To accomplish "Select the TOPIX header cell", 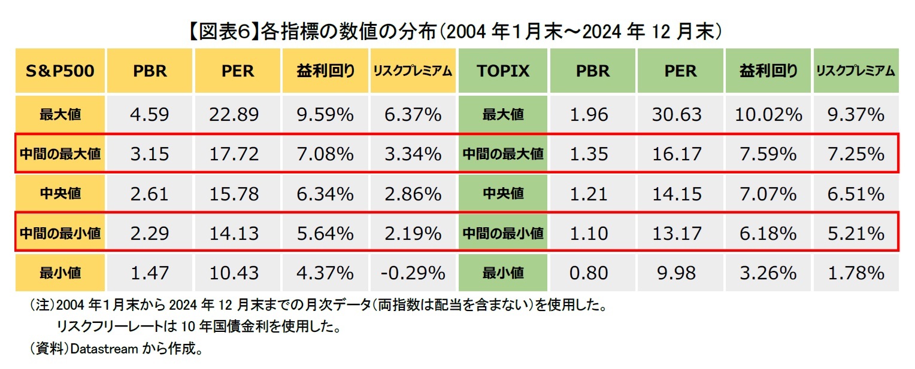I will [502, 71].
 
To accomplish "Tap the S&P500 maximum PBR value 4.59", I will [149, 114].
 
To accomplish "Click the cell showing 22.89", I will [234, 114].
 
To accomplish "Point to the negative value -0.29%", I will [413, 273].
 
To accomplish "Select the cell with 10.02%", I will [768, 114].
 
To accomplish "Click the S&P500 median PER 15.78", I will [234, 194].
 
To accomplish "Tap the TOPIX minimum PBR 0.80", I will [589, 273].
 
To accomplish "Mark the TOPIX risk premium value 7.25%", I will [856, 154].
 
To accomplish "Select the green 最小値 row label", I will [502, 273].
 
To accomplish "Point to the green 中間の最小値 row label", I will [502, 233].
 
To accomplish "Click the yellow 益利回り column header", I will [325, 71].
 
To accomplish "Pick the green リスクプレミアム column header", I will [856, 71].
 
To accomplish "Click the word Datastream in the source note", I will [104, 349].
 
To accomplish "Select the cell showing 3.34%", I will [413, 154].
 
